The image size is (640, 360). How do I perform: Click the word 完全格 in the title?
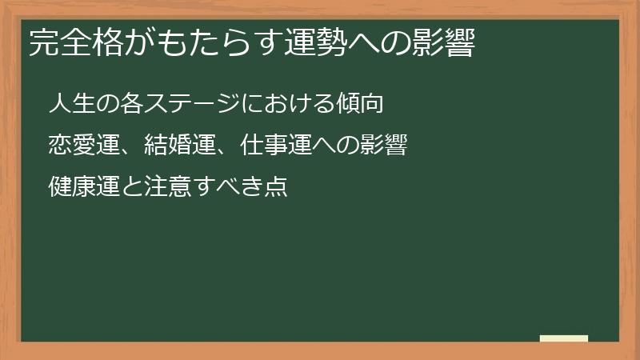point(67,45)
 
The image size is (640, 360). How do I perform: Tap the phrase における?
point(299,104)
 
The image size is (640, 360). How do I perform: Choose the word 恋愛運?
point(83,146)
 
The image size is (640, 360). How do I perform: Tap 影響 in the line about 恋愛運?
point(382,146)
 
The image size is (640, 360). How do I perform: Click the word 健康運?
point(83,189)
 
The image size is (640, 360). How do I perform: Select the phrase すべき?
point(227,189)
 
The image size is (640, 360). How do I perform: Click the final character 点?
point(275,189)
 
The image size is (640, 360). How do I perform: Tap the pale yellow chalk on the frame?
point(564,339)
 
